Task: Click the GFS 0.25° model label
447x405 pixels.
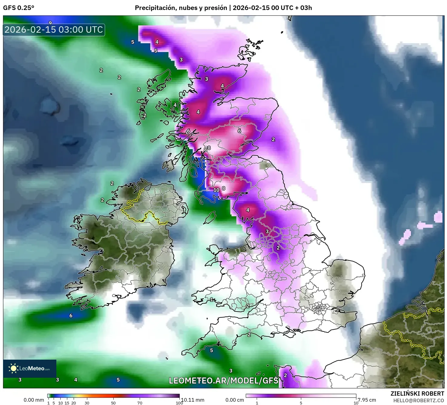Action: point(18,8)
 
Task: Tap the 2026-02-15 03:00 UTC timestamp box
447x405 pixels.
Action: point(54,30)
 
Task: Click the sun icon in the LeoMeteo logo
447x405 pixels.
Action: point(13,368)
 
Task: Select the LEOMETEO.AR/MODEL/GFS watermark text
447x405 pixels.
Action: point(223,381)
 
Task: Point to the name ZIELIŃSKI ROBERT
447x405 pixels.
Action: point(417,394)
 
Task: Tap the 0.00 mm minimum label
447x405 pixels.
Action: point(34,400)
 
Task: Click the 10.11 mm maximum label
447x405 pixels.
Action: point(193,400)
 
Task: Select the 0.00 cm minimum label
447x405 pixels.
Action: point(235,400)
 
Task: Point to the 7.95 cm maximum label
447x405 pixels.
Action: point(367,400)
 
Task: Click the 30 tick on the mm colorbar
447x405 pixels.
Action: point(87,403)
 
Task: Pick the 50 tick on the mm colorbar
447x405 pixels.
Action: point(113,403)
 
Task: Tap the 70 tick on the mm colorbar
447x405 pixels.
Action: point(140,403)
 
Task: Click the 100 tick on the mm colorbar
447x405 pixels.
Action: point(179,403)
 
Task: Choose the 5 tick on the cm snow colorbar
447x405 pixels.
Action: point(301,403)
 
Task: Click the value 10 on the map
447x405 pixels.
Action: point(216,190)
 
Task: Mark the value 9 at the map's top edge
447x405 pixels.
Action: point(50,23)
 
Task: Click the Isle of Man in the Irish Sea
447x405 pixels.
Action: point(210,217)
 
